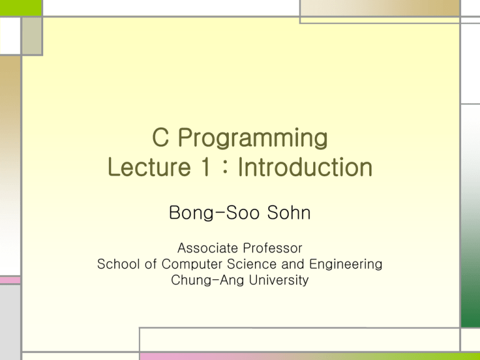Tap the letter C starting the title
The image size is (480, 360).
160,137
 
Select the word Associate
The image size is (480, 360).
206,248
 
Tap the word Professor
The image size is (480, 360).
272,248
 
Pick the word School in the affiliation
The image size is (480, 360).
117,264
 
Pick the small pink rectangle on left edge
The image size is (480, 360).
10,281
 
